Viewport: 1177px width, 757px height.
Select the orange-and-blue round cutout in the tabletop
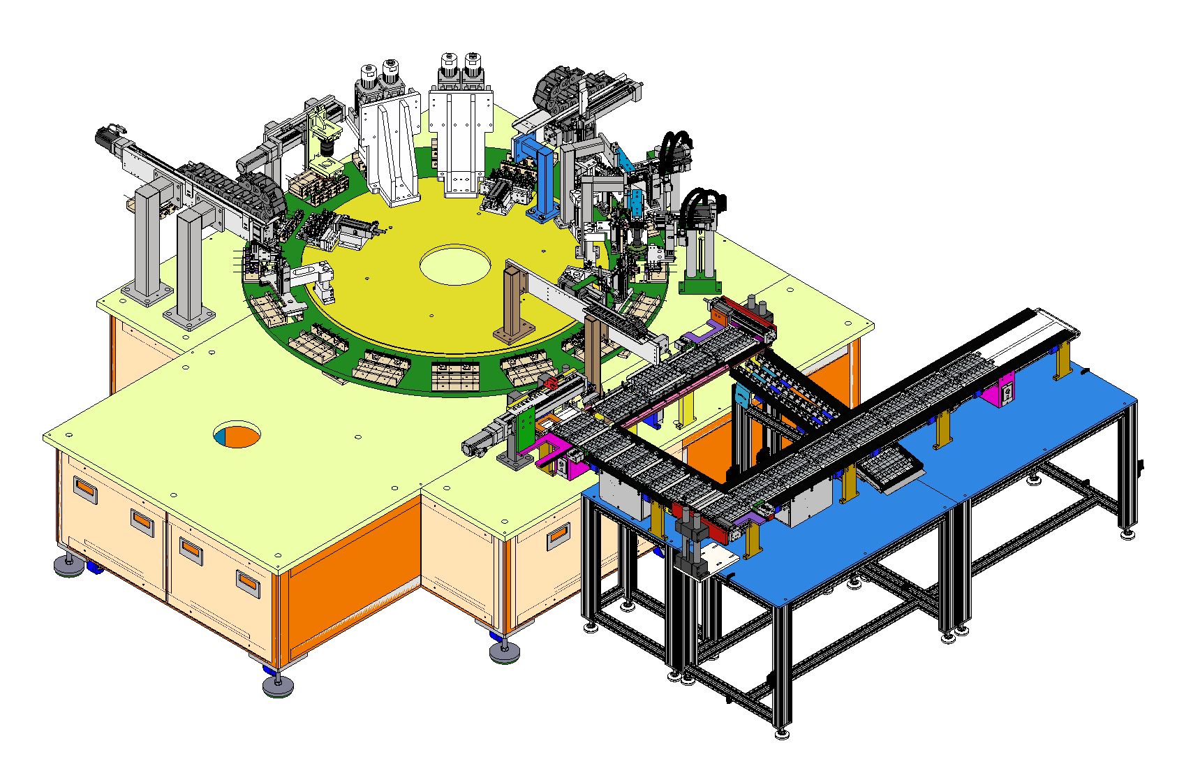pos(237,435)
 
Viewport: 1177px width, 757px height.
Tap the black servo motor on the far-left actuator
pos(110,135)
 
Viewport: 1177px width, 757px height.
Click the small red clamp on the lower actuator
pos(551,382)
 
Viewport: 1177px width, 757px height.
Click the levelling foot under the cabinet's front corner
pos(278,685)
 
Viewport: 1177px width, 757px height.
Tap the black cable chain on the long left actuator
pos(230,187)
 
